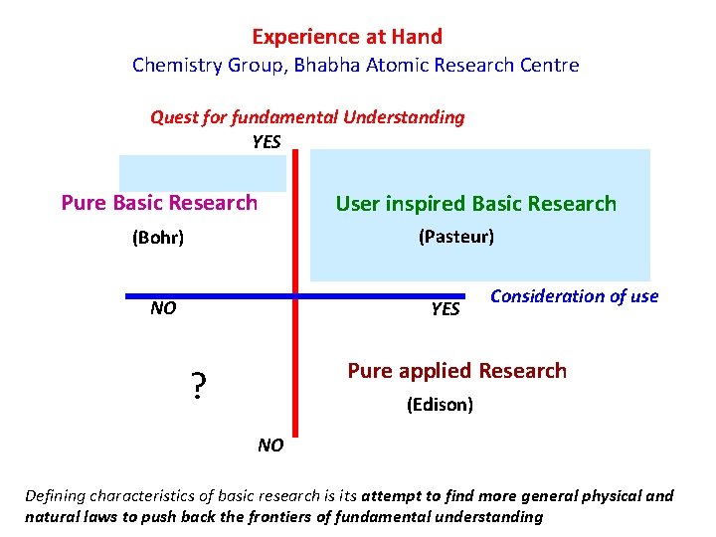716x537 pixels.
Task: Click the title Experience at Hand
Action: (347, 37)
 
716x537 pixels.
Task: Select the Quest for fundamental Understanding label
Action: (307, 117)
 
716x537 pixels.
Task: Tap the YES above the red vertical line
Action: (267, 141)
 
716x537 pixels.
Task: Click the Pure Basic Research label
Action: (159, 203)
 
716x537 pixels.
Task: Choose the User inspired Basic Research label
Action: (475, 204)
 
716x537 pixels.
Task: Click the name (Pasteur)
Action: (455, 237)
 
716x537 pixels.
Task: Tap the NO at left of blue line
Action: (163, 308)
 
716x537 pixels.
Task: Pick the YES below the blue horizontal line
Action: (446, 309)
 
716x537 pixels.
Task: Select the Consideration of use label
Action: (575, 296)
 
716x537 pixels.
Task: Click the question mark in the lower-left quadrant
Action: (199, 386)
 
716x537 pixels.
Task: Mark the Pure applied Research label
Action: (456, 371)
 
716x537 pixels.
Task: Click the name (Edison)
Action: (440, 405)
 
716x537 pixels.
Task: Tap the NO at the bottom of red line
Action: (270, 446)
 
